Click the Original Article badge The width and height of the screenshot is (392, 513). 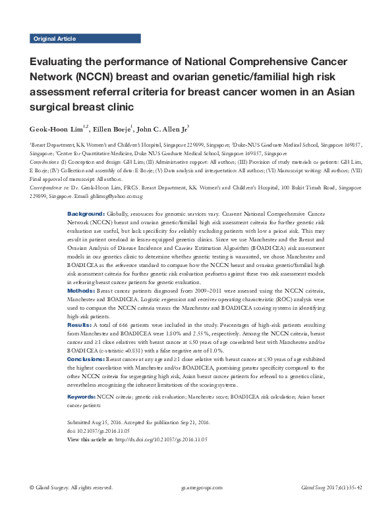pyautogui.click(x=55, y=39)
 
